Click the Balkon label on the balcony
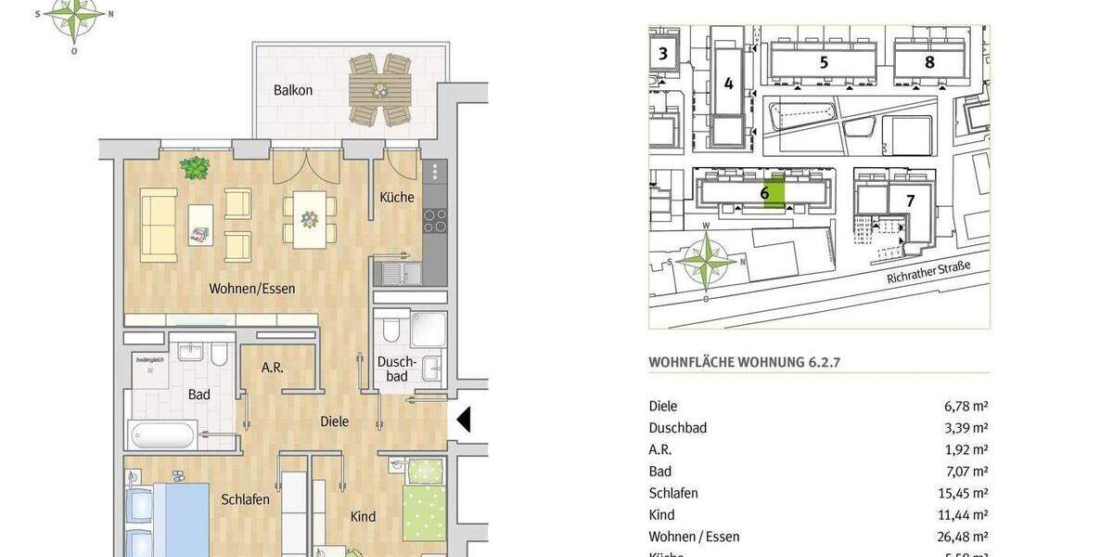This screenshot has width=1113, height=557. tap(292, 91)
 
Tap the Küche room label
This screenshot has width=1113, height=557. tap(397, 198)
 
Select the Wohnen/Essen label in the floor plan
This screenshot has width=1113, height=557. tap(252, 289)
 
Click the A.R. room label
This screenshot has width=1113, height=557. tap(272, 368)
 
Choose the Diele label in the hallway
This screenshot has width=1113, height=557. tap(335, 421)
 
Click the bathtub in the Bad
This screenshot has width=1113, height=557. tap(164, 434)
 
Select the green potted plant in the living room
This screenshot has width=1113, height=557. tap(195, 168)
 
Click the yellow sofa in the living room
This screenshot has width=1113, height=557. tap(159, 225)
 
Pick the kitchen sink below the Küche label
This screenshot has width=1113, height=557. tap(397, 273)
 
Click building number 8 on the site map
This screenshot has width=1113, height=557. tap(929, 63)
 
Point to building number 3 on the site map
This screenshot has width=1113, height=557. tap(662, 53)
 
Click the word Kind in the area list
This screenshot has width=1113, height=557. tap(662, 515)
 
